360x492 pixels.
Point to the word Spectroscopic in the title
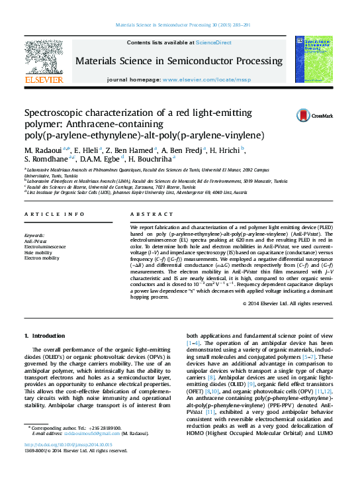tap(58, 113)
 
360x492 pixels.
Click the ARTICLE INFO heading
tap(54, 215)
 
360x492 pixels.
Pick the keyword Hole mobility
tap(38, 252)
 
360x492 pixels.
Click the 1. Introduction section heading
tap(44, 336)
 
